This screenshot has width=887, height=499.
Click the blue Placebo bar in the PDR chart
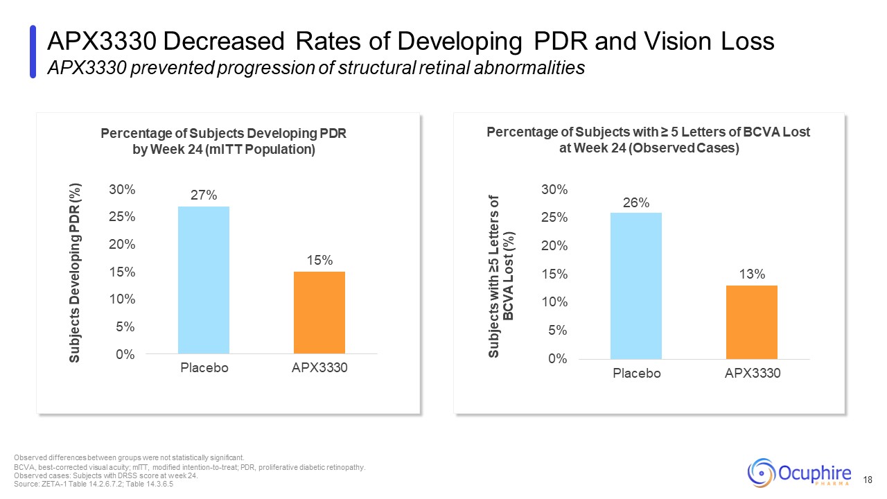[x=204, y=280]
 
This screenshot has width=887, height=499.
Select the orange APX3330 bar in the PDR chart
[x=319, y=313]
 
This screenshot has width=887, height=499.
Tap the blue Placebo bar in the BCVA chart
[x=636, y=286]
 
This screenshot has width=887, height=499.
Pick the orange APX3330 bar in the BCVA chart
[x=752, y=322]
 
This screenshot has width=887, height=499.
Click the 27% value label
[x=204, y=195]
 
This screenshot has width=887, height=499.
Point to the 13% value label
[x=752, y=274]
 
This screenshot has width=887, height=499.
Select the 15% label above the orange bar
[x=319, y=261]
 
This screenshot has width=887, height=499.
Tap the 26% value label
[x=636, y=202]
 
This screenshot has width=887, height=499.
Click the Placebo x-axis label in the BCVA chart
[x=636, y=374]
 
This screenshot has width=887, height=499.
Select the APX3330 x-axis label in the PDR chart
[x=319, y=368]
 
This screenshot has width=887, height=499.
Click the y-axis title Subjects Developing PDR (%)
[x=76, y=272]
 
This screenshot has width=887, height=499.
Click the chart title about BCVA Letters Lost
[x=648, y=141]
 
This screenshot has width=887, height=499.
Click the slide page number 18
[x=869, y=480]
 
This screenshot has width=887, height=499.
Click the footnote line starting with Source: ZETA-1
[x=94, y=484]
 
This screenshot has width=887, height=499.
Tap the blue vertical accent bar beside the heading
[x=33, y=52]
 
